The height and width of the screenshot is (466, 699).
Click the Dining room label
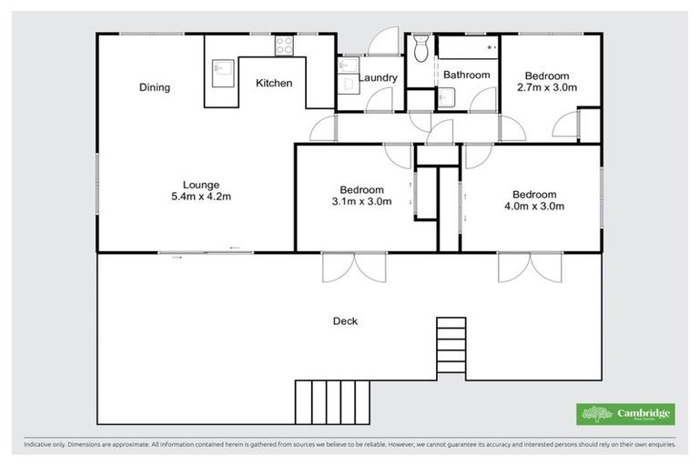coord(155,87)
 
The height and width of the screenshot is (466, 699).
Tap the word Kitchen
coord(274,83)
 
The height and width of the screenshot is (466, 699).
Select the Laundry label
coord(378,78)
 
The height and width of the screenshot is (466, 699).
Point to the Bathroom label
coord(467,75)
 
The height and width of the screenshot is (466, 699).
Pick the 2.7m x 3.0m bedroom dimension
coord(547,87)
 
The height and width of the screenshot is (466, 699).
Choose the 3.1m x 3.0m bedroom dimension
coord(361,202)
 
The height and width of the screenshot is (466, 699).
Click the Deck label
coord(345,320)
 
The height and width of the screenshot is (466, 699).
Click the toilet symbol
coord(420,49)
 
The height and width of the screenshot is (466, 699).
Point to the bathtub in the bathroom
coord(468,46)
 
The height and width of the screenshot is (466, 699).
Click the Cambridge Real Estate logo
coord(626,414)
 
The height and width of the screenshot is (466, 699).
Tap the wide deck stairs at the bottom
coord(332,401)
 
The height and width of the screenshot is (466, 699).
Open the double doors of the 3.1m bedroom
coord(355,265)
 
